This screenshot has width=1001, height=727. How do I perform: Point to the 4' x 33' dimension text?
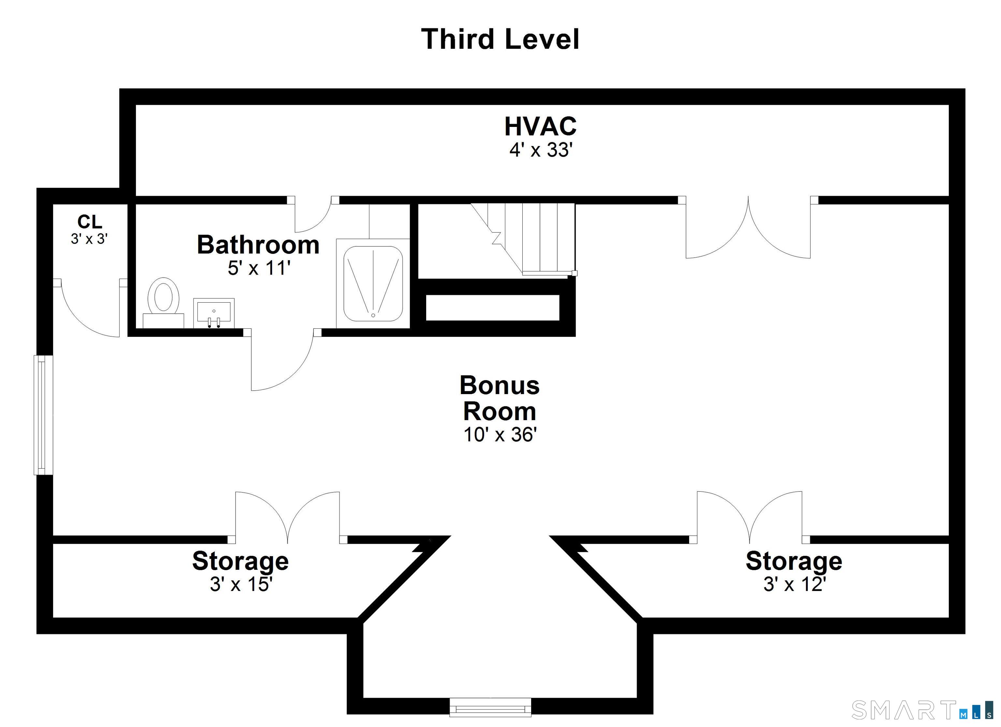coord(541,150)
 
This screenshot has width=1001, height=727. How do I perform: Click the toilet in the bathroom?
coord(163,302)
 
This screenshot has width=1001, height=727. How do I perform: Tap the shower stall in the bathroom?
coord(373,283)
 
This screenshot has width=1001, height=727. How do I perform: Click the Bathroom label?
coord(258,245)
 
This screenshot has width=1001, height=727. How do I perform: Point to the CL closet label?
coord(90,221)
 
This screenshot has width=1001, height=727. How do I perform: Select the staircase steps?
coord(523,238)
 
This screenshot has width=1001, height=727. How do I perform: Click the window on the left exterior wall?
coord(43,415)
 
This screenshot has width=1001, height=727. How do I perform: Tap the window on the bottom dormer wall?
coord(490,707)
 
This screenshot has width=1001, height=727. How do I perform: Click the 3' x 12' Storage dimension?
coord(794,584)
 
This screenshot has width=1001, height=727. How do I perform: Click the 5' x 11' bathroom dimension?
coord(259,268)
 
